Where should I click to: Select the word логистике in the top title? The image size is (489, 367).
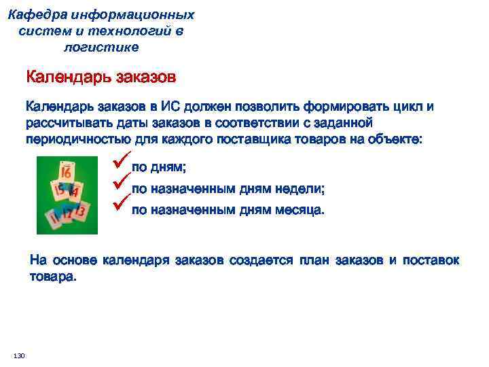pyautogui.click(x=101, y=47)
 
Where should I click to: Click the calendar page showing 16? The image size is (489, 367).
pyautogui.click(x=67, y=172)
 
